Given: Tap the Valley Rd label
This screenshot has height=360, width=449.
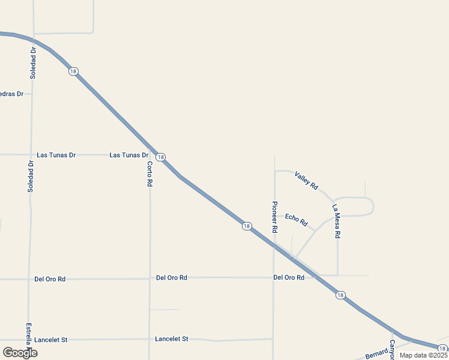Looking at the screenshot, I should pyautogui.click(x=306, y=181).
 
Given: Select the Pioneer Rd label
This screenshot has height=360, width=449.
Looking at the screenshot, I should pyautogui.click(x=274, y=217).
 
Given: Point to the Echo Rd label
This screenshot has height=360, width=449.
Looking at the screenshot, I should pyautogui.click(x=296, y=220).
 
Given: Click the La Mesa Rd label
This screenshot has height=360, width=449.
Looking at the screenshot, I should pyautogui.click(x=336, y=222).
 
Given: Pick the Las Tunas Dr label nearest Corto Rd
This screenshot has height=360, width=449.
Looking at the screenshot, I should pyautogui.click(x=128, y=155).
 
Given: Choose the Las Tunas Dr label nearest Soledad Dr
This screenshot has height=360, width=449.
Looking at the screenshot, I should pyautogui.click(x=56, y=155).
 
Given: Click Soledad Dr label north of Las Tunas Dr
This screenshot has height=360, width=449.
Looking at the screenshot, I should pyautogui.click(x=33, y=63).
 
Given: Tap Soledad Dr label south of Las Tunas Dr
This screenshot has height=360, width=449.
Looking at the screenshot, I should pyautogui.click(x=31, y=176).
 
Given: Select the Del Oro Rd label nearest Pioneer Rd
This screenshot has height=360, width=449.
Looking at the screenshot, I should pyautogui.click(x=289, y=277).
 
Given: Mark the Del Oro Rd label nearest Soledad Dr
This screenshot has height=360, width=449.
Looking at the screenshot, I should pyautogui.click(x=50, y=279).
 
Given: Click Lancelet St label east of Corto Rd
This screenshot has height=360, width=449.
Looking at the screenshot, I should pyautogui.click(x=172, y=339).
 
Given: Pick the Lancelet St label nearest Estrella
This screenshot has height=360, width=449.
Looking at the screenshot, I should pyautogui.click(x=51, y=340).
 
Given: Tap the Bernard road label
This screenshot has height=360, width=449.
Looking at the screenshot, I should pyautogui.click(x=376, y=353).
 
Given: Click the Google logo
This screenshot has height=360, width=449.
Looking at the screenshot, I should pyautogui.click(x=20, y=353).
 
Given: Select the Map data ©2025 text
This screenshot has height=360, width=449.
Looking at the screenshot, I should pyautogui.click(x=424, y=355).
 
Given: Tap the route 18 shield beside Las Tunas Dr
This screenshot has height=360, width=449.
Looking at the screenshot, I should pyautogui.click(x=160, y=157).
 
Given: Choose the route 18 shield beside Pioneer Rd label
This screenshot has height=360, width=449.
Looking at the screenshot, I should pyautogui.click(x=247, y=226).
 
